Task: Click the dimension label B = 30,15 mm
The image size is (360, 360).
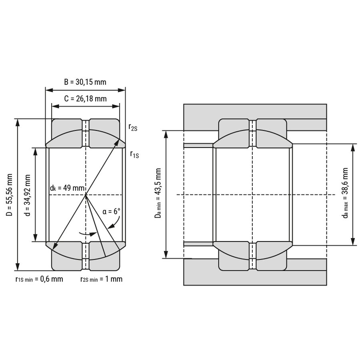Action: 85,82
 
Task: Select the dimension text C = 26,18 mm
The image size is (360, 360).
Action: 86,99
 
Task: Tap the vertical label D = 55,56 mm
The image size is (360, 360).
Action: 10,195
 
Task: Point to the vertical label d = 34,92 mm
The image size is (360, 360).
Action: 27,195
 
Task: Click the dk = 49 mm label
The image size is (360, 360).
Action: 67,188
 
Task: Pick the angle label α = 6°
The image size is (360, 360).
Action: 111,211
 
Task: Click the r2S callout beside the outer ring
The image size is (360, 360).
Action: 133,127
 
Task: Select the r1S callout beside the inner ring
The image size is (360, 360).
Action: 134,154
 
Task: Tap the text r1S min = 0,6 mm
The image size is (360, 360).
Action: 39,279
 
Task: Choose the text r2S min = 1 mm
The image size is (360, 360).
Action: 102,279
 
